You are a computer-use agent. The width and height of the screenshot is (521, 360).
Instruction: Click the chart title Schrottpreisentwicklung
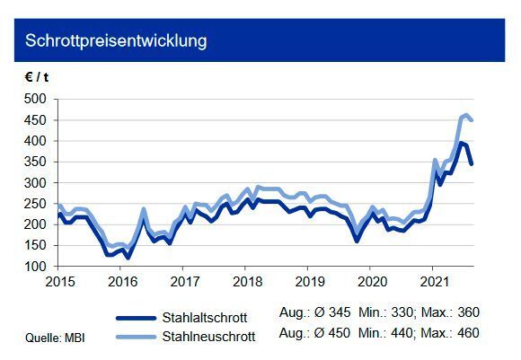point(116,41)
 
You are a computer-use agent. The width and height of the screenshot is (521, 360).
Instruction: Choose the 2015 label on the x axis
point(58,280)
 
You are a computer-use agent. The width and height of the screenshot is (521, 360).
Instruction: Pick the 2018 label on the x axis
point(245,280)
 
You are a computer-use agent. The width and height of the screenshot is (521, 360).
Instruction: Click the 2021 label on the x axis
point(433,280)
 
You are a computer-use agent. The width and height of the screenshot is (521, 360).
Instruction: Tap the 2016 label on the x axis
point(120,280)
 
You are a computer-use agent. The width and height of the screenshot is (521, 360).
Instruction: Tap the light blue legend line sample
point(143,338)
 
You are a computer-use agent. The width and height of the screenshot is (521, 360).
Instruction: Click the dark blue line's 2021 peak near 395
point(461,143)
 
